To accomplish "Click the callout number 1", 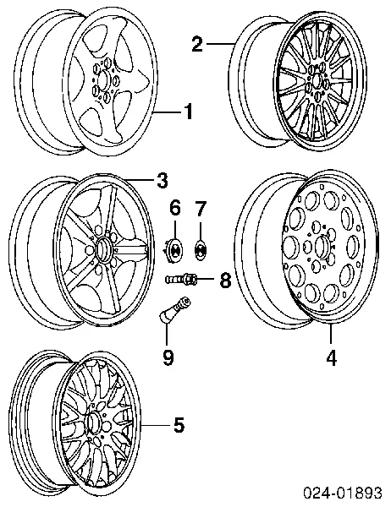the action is pos(188,112).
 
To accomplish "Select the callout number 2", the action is pos(197,44).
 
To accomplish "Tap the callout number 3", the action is pos(162,180).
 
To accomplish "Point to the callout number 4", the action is pos(331,357).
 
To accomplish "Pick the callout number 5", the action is pos(179,424).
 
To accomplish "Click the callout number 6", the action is pos(175,208).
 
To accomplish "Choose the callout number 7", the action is pos(201,208).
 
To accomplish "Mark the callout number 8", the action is pos(225,280).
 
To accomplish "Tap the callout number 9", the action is pos(168,357).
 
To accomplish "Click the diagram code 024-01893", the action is pos(343,493).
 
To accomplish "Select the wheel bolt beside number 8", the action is pos(181,278).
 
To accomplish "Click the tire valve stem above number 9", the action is pos(174,308).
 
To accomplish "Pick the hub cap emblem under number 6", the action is pos(175,248).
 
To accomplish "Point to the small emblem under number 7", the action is pos(201,249).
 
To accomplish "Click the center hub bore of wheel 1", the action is pos(104,80).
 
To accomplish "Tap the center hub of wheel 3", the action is pos(103,248).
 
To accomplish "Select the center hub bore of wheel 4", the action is pos(321,247).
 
